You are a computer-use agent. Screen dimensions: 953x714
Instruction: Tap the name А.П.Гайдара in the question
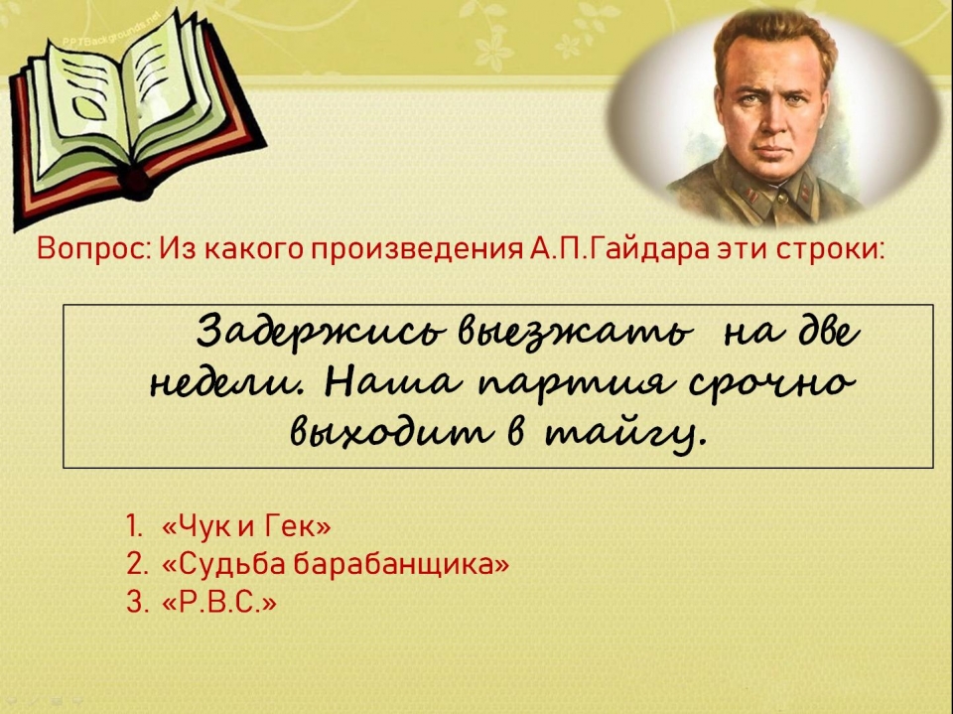[x=618, y=248]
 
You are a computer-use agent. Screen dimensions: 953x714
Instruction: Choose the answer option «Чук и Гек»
[x=246, y=525]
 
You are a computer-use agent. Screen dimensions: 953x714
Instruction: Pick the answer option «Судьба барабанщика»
[x=336, y=564]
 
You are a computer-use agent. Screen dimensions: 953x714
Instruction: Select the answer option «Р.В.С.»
[x=219, y=603]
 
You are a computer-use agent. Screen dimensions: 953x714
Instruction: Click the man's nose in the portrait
[x=772, y=121]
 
